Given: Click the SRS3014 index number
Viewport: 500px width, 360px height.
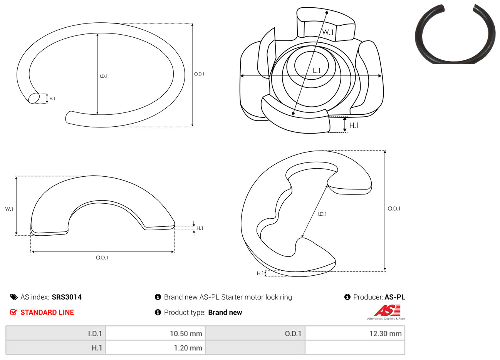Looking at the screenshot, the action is pos(67,297).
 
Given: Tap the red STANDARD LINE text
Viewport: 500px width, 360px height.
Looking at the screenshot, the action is pos(47,313).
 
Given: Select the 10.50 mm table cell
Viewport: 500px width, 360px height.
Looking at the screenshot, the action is pos(155,333).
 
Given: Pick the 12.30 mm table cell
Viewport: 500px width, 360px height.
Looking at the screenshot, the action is pos(355,333).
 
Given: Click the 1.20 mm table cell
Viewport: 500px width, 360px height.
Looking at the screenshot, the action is pos(155,348).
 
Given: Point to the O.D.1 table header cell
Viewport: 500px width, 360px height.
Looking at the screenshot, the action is pos(255,333).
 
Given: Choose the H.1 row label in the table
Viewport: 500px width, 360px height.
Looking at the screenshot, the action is pos(55,348).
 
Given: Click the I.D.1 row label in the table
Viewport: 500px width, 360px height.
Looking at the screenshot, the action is pos(55,333).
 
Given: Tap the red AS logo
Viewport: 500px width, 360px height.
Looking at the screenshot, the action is pos(387,310).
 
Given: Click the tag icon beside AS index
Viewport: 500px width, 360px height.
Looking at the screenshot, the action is pos(14,297).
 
